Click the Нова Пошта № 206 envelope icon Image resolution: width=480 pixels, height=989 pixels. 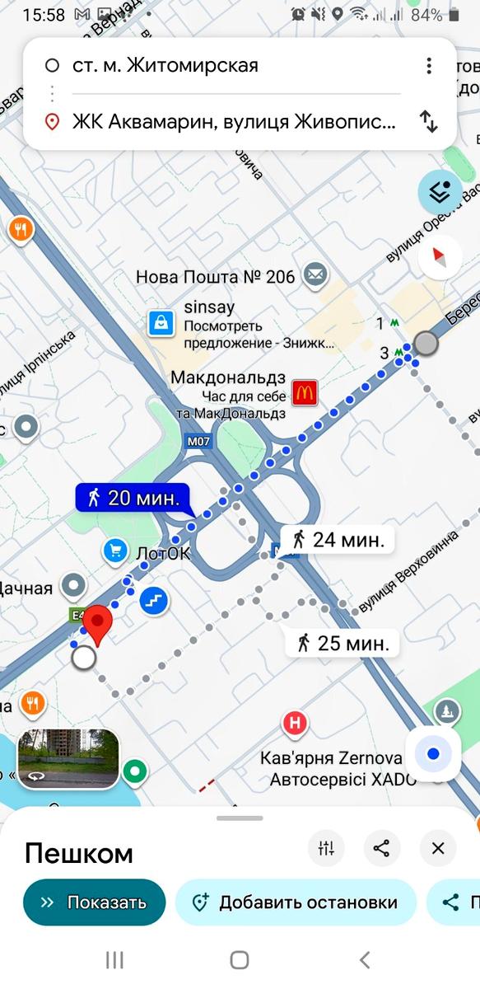pyautogui.click(x=315, y=275)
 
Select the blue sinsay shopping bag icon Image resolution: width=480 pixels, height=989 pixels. pyautogui.click(x=161, y=323)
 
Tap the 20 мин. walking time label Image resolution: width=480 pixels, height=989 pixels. pyautogui.click(x=133, y=497)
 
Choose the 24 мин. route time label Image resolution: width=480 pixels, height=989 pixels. pyautogui.click(x=338, y=540)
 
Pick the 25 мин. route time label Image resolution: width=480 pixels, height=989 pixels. pyautogui.click(x=343, y=642)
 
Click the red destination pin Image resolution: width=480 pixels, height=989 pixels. pyautogui.click(x=100, y=625)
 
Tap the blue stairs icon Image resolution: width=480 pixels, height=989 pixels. pyautogui.click(x=154, y=600)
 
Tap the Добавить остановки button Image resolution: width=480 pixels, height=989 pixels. pyautogui.click(x=296, y=902)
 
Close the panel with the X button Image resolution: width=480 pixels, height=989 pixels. pyautogui.click(x=438, y=848)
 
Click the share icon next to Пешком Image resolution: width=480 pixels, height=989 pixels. pyautogui.click(x=381, y=848)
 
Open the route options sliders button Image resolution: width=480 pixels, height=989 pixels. pyautogui.click(x=326, y=848)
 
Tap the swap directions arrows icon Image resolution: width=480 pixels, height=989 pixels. pyautogui.click(x=428, y=122)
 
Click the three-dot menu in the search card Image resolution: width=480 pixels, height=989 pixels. pyautogui.click(x=428, y=66)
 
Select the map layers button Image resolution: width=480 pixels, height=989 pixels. pyautogui.click(x=440, y=192)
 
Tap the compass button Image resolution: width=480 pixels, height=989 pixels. pyautogui.click(x=440, y=258)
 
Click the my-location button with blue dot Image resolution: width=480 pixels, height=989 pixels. pyautogui.click(x=433, y=752)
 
